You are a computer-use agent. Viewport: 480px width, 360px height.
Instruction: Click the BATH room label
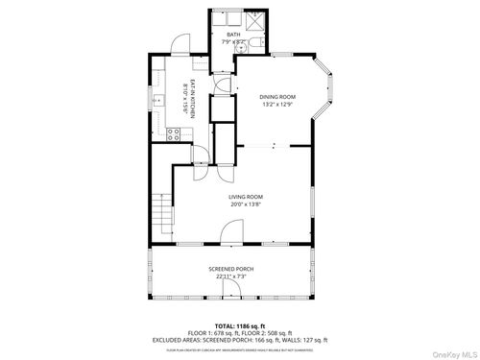click(233, 35)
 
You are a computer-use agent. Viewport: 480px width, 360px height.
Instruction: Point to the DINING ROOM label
click(277, 97)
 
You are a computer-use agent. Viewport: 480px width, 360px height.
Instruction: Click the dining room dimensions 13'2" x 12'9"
click(277, 105)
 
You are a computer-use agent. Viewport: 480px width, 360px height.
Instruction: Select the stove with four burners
click(175, 133)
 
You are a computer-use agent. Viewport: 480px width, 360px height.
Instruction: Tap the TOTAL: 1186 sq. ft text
click(239, 324)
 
